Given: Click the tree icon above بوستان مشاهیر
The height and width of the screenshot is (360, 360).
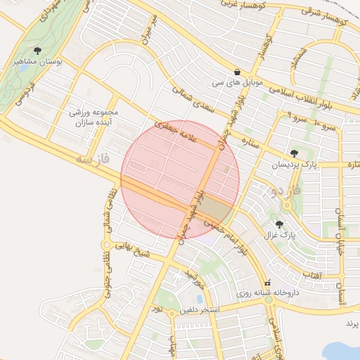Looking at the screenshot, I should coord(37,50).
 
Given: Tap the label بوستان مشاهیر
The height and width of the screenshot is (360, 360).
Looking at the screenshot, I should coord(38,62).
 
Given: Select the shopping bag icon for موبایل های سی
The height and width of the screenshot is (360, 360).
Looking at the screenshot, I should coord(237,72).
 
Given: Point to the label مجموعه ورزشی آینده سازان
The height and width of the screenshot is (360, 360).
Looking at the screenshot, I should coord(96,117).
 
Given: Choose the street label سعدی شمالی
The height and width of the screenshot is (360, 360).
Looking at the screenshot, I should coord(193,101).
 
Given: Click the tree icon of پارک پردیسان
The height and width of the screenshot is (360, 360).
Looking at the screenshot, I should coord(294,153).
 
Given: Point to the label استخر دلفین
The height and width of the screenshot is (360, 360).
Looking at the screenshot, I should coord(200,309).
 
